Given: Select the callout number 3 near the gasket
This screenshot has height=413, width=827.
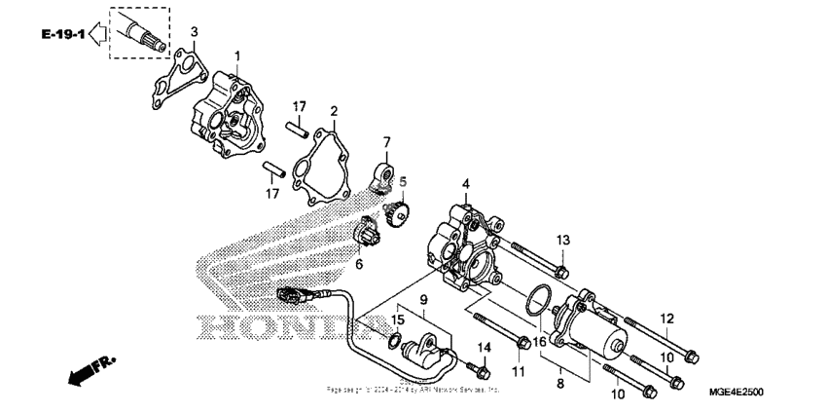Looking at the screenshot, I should (x=194, y=32).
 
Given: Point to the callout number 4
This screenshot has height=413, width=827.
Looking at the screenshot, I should (x=465, y=183).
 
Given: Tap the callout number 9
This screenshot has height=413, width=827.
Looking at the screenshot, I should (x=424, y=299).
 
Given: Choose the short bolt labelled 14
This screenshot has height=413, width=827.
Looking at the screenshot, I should (x=478, y=368).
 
